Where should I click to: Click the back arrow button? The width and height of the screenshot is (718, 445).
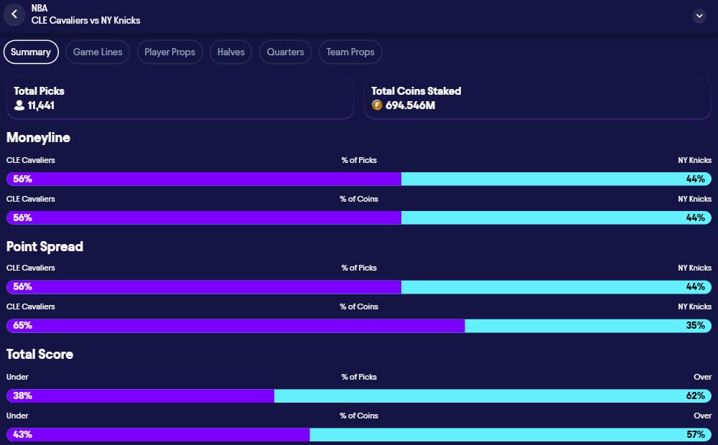click(14, 14)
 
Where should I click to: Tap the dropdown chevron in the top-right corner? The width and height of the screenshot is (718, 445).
click(699, 16)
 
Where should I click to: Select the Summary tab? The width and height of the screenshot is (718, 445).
click(31, 52)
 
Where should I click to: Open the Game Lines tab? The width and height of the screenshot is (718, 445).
click(98, 52)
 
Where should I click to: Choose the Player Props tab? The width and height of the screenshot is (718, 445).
click(169, 52)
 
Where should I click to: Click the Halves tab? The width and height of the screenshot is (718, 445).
click(231, 52)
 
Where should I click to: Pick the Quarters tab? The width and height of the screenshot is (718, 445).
click(285, 52)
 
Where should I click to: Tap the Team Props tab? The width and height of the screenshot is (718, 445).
click(350, 52)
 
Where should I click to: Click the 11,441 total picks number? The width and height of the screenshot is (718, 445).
click(41, 106)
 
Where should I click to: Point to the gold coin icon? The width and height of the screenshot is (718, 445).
click(377, 106)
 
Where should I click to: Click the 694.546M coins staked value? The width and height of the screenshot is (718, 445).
click(411, 106)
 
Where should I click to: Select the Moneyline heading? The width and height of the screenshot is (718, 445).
click(38, 137)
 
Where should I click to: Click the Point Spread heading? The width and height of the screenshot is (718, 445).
click(45, 246)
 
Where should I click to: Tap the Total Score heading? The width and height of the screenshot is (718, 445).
click(39, 354)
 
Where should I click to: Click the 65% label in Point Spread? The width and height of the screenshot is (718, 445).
click(22, 325)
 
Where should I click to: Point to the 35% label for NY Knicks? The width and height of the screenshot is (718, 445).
click(695, 325)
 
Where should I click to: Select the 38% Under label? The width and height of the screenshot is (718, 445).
click(22, 395)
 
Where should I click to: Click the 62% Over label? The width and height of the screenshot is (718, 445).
click(695, 395)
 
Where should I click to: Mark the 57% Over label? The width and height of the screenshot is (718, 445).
click(695, 434)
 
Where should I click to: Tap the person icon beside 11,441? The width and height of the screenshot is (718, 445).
click(19, 106)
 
